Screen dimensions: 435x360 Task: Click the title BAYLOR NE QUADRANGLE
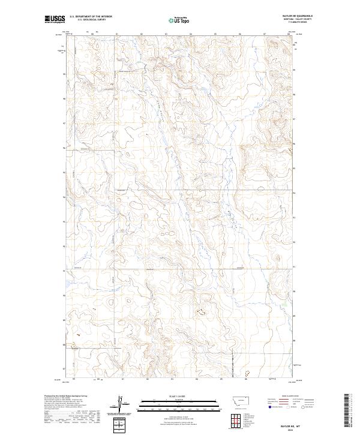tap(301, 16)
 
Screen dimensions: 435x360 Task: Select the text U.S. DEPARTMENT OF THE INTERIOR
tap(91, 16)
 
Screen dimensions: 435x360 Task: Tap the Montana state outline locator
tap(236, 401)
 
